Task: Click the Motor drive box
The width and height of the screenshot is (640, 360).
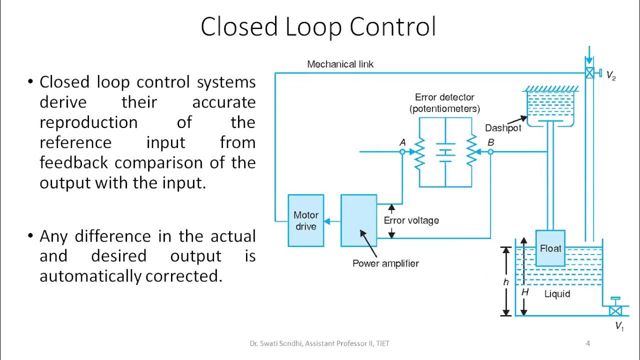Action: tap(306, 220)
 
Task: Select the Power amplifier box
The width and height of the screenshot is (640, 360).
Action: tap(359, 220)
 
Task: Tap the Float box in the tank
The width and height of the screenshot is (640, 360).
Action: tap(550, 248)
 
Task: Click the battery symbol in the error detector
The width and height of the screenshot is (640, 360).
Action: tap(444, 152)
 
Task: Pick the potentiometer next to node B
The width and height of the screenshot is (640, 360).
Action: tap(470, 152)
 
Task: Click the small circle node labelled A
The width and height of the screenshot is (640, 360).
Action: tap(402, 151)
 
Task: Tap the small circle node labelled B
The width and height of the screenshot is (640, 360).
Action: tap(490, 151)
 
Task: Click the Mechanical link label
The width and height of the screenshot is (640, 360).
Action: tap(340, 64)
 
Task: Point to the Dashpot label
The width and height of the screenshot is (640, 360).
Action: tap(503, 128)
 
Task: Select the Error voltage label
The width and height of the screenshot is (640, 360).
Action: tap(411, 220)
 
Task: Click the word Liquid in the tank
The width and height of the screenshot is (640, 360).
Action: tap(557, 294)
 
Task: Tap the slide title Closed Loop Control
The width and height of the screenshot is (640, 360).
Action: tap(318, 27)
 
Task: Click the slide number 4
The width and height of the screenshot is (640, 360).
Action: tap(588, 343)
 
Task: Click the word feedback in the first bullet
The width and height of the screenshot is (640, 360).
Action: tap(74, 162)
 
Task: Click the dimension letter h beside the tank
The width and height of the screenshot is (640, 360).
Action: tap(506, 282)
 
